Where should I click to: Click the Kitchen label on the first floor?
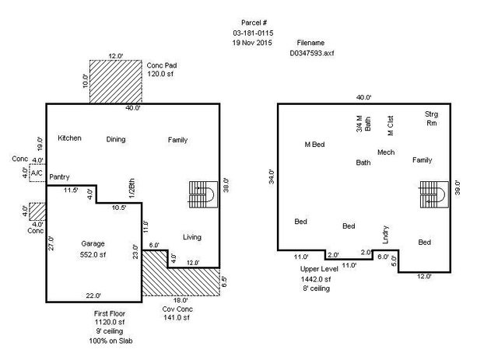[x=69, y=138]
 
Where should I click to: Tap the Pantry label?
[x=59, y=177]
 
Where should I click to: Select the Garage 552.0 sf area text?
[x=93, y=254]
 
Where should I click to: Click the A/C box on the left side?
[x=37, y=173]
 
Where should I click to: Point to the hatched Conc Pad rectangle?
[x=116, y=82]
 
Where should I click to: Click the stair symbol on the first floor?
[x=203, y=194]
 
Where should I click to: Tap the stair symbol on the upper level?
[x=434, y=194]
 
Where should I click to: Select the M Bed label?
[x=314, y=145]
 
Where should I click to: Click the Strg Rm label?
[x=431, y=118]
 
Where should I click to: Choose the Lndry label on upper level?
[x=386, y=235]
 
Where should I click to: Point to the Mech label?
[x=386, y=152]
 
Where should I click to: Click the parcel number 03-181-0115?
[x=253, y=33]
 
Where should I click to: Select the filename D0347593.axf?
[x=311, y=53]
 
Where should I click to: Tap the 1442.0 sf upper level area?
[x=316, y=279]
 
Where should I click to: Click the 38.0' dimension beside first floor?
[x=226, y=185]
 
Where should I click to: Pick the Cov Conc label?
[x=177, y=309]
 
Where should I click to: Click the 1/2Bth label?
[x=132, y=188]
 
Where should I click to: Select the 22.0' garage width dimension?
[x=93, y=295]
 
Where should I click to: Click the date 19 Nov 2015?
[x=252, y=43]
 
